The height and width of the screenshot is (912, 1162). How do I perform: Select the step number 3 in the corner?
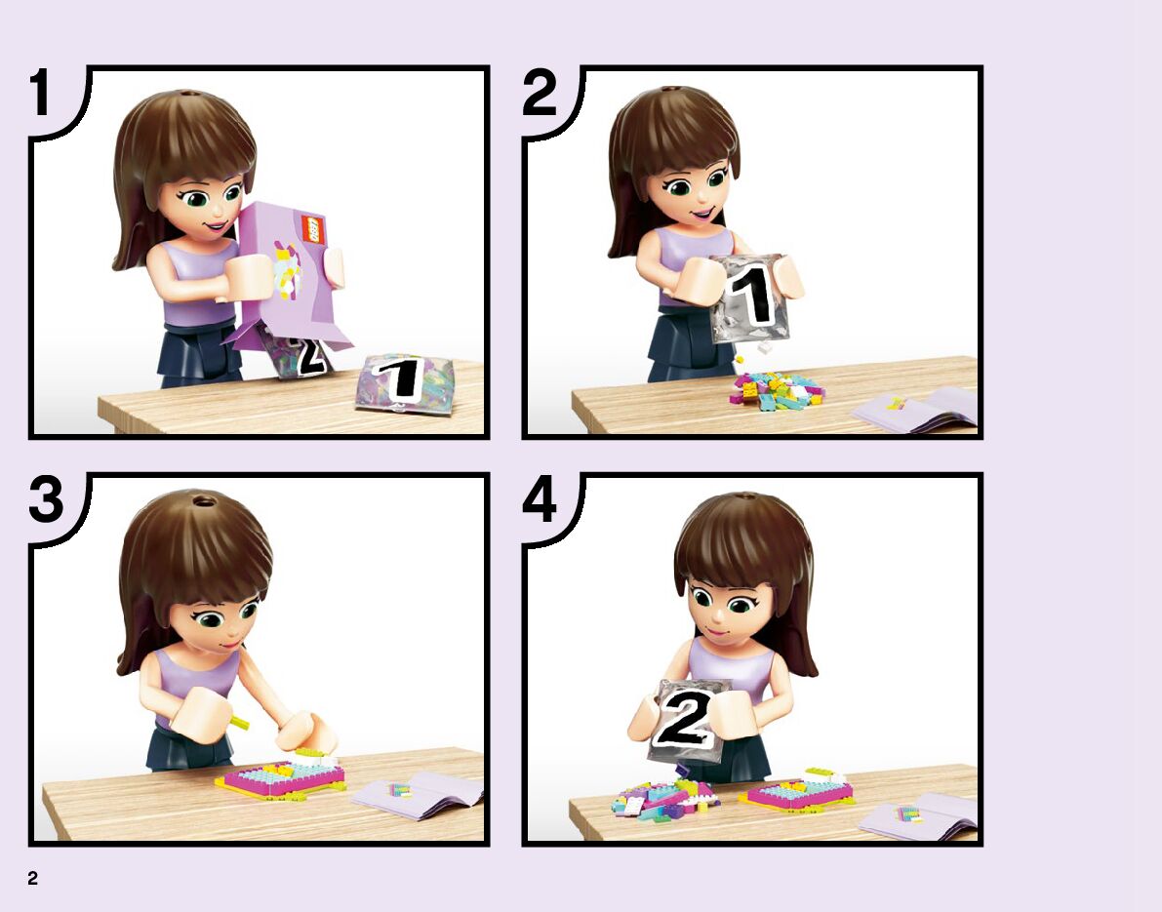point(46,498)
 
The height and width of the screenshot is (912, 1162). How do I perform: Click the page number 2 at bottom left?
point(32,878)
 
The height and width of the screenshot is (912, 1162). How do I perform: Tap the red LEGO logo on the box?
point(313,229)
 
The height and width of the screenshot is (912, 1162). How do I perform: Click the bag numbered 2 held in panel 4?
point(687,720)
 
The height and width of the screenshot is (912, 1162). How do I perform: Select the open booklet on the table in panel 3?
point(419,795)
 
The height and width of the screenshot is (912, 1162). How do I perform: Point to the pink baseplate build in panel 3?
point(281,778)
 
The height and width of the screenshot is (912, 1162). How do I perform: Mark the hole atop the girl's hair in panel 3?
point(204,501)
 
